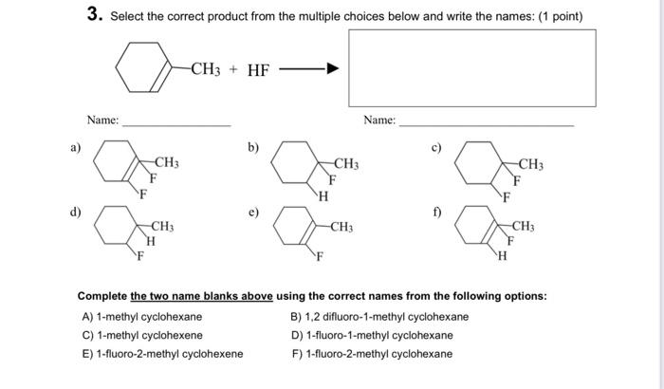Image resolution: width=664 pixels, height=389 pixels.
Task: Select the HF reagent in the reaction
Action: (259, 69)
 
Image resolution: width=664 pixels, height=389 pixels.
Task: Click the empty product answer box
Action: (472, 68)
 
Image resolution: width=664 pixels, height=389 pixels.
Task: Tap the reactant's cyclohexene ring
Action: (141, 68)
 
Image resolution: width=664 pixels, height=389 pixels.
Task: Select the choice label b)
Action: (253, 147)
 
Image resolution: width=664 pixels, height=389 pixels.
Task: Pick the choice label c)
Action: (437, 147)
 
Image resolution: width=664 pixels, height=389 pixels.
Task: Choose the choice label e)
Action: (253, 213)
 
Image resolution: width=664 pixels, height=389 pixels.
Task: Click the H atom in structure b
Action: (323, 196)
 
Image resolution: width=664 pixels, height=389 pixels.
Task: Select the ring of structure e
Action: (294, 228)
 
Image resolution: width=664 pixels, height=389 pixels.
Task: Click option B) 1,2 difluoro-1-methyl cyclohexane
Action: (379, 317)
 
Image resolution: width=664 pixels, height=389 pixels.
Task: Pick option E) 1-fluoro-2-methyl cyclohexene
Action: (162, 355)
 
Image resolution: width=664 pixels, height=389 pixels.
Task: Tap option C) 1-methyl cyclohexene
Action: (142, 336)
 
